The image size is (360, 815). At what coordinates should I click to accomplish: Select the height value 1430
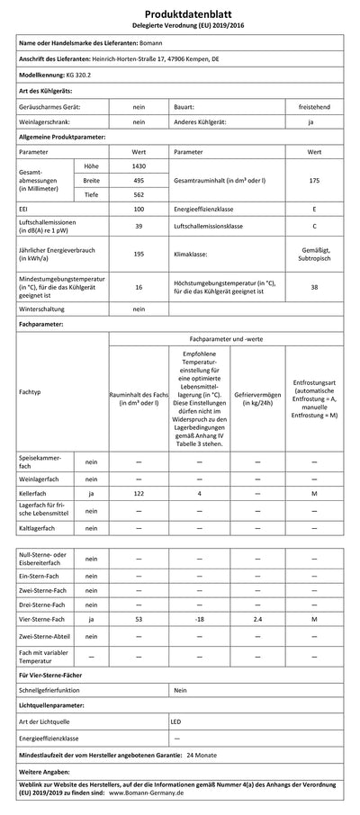(139, 166)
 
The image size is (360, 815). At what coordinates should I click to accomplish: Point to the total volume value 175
(313, 180)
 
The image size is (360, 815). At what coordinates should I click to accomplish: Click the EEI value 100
(139, 209)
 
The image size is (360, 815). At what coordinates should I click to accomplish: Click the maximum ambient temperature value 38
(313, 287)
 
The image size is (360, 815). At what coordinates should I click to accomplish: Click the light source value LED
(177, 721)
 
